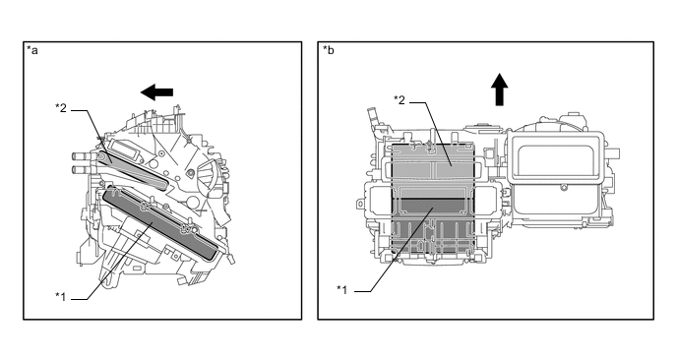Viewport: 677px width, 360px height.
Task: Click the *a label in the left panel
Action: click(x=32, y=50)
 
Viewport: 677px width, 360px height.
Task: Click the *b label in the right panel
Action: click(x=328, y=50)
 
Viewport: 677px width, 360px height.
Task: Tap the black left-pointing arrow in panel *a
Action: click(x=156, y=91)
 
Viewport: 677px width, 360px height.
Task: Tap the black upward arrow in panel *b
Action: click(x=500, y=90)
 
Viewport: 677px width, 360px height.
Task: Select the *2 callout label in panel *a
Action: click(x=61, y=108)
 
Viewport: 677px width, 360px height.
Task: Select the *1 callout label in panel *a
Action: click(x=61, y=296)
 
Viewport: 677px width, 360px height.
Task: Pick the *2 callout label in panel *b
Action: click(x=400, y=100)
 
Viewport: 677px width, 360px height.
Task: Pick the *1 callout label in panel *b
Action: click(x=342, y=289)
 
